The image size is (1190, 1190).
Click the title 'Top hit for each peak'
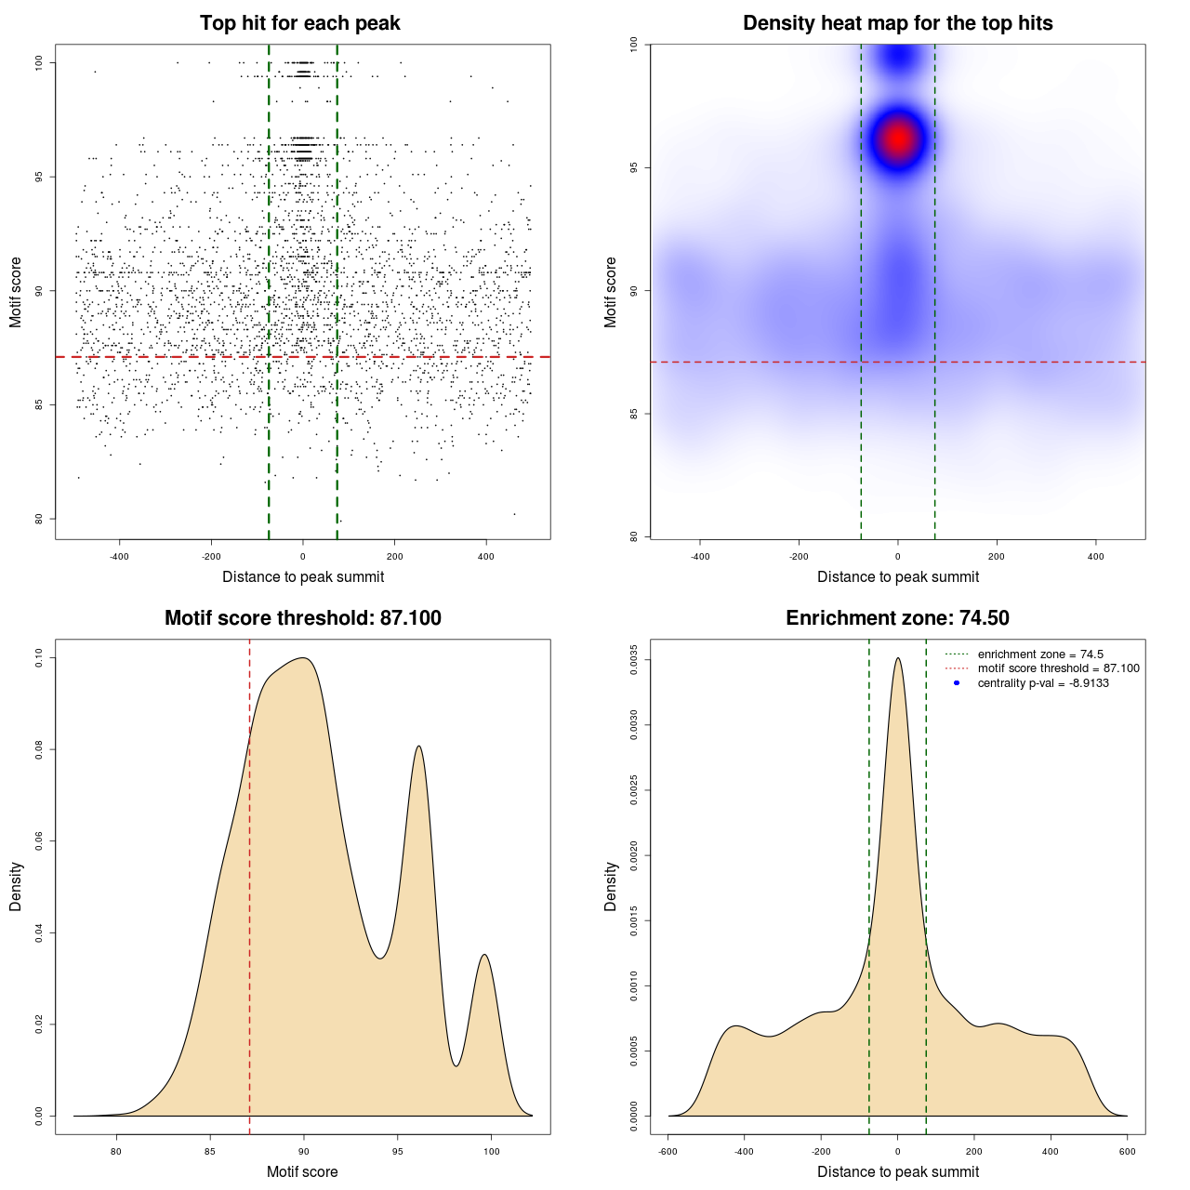[300, 23]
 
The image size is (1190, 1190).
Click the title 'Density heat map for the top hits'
[897, 23]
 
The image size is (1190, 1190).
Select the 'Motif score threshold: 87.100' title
[302, 618]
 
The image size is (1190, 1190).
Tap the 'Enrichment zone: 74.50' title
[897, 618]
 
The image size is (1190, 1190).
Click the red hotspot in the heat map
[898, 139]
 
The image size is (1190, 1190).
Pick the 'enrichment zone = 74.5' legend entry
[1040, 654]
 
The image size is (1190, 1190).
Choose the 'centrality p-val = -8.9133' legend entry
[1043, 683]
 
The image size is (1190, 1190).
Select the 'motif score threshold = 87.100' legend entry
[1058, 668]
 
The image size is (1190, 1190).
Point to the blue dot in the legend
[957, 683]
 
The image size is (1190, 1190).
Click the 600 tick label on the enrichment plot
[1127, 1152]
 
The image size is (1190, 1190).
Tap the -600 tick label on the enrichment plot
[668, 1152]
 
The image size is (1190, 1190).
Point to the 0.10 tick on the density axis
[39, 658]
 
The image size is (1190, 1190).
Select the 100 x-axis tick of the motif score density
[492, 1152]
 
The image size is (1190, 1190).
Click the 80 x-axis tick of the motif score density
[116, 1152]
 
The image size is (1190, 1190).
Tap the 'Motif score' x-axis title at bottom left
[302, 1172]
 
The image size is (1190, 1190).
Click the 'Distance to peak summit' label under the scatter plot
[303, 577]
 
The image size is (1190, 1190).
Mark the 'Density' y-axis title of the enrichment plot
[611, 886]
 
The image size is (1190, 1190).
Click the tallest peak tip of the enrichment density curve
[897, 658]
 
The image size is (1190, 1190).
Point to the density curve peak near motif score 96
[419, 746]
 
